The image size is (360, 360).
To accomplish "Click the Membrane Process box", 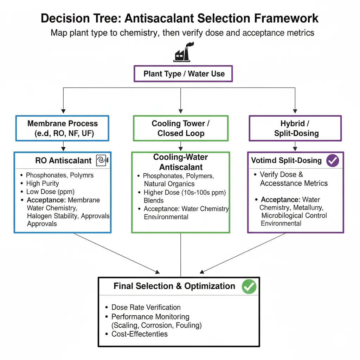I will pyautogui.click(x=63, y=128).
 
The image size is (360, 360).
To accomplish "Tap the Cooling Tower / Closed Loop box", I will pyautogui.click(x=181, y=128).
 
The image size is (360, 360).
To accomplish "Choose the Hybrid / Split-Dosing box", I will pyautogui.click(x=295, y=128).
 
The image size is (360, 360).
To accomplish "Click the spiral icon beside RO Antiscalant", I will pyautogui.click(x=102, y=161).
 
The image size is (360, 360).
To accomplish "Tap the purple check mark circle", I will pyautogui.click(x=332, y=161).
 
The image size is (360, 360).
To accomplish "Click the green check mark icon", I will pyautogui.click(x=249, y=287).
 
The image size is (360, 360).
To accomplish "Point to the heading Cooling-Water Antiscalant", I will pyautogui.click(x=181, y=162).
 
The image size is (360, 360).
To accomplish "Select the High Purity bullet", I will pyautogui.click(x=43, y=184).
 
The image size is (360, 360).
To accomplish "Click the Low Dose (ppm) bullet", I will pyautogui.click(x=50, y=192).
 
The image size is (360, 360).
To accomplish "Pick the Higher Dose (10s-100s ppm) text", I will pyautogui.click(x=185, y=193).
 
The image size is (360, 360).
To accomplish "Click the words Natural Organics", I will pyautogui.click(x=169, y=184).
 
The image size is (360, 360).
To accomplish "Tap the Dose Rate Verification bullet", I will pyautogui.click(x=146, y=308).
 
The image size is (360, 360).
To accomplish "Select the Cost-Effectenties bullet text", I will pyautogui.click(x=140, y=334).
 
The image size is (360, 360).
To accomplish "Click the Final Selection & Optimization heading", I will pyautogui.click(x=174, y=286).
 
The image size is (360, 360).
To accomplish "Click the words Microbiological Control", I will pyautogui.click(x=294, y=216).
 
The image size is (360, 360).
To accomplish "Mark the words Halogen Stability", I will pyautogui.click(x=53, y=216).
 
